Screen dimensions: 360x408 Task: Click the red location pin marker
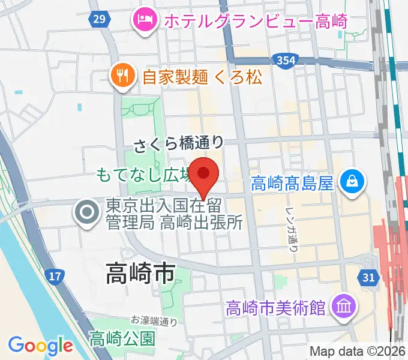coord(204,175)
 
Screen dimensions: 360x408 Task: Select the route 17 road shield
coord(54,277)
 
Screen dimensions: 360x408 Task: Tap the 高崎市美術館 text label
coord(276,308)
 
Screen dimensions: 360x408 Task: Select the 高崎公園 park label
coord(122,338)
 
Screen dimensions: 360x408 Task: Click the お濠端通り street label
coord(154,321)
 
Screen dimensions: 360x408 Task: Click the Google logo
coord(41,345)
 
